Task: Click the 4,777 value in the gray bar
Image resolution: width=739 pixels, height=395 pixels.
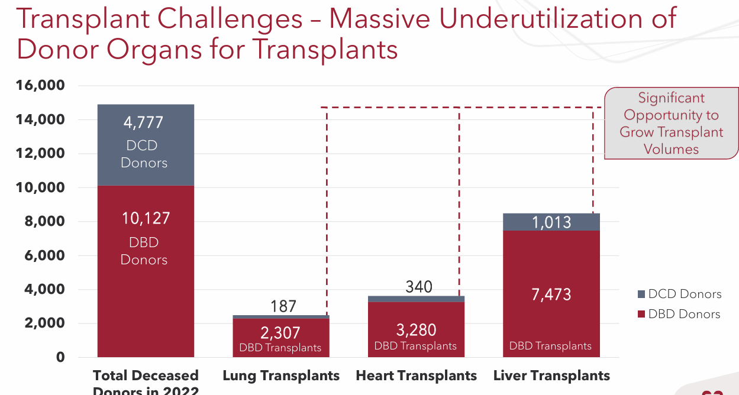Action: click(x=143, y=123)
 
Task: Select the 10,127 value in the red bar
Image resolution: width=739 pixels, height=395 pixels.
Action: click(x=146, y=219)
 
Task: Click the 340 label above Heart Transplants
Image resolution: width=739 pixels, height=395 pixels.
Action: click(x=419, y=287)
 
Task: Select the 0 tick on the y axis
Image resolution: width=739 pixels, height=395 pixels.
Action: click(x=60, y=358)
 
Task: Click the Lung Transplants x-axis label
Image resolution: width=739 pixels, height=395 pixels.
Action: click(x=281, y=375)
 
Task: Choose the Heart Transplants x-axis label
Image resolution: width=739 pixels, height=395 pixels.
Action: click(x=416, y=375)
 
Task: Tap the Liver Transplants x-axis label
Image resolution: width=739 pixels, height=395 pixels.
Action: click(x=551, y=375)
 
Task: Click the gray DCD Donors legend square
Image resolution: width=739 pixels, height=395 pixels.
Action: click(x=641, y=294)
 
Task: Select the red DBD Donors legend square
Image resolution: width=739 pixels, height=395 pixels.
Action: click(x=641, y=315)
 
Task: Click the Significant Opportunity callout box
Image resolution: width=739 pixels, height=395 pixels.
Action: click(x=671, y=124)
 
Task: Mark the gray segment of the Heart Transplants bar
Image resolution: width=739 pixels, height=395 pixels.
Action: click(x=416, y=299)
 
